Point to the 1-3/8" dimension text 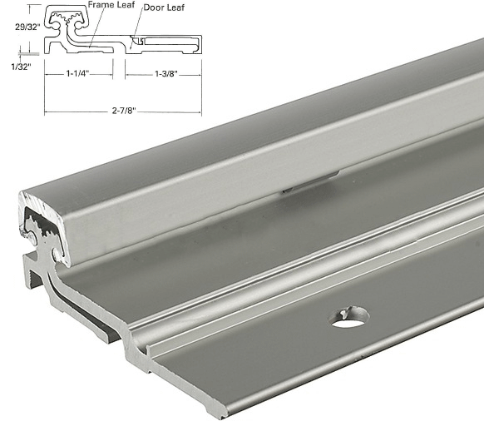(x=163, y=74)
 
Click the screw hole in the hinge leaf (x=350, y=316)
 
